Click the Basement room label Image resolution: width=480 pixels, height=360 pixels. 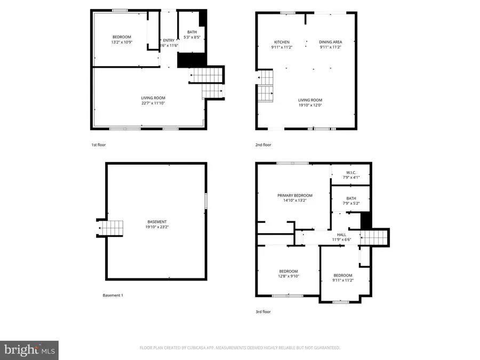pos(157,222)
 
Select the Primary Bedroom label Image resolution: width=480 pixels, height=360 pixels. pos(294,196)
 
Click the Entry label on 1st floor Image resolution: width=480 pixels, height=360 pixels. pos(169,40)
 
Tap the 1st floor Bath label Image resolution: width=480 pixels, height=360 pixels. pos(191,32)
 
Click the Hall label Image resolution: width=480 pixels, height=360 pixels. pos(342,235)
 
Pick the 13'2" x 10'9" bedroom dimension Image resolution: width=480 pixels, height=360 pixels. pos(121,42)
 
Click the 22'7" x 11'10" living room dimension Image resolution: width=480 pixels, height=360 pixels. pos(153,103)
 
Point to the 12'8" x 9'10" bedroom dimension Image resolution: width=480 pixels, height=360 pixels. pos(288,276)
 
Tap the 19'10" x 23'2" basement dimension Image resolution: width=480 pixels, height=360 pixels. pos(157,227)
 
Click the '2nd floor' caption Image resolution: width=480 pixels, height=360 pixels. pos(263,145)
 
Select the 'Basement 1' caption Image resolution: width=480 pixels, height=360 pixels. pos(113,295)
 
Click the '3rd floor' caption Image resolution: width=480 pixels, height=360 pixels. pos(263,311)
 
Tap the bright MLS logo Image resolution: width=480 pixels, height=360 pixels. pos(29,350)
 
